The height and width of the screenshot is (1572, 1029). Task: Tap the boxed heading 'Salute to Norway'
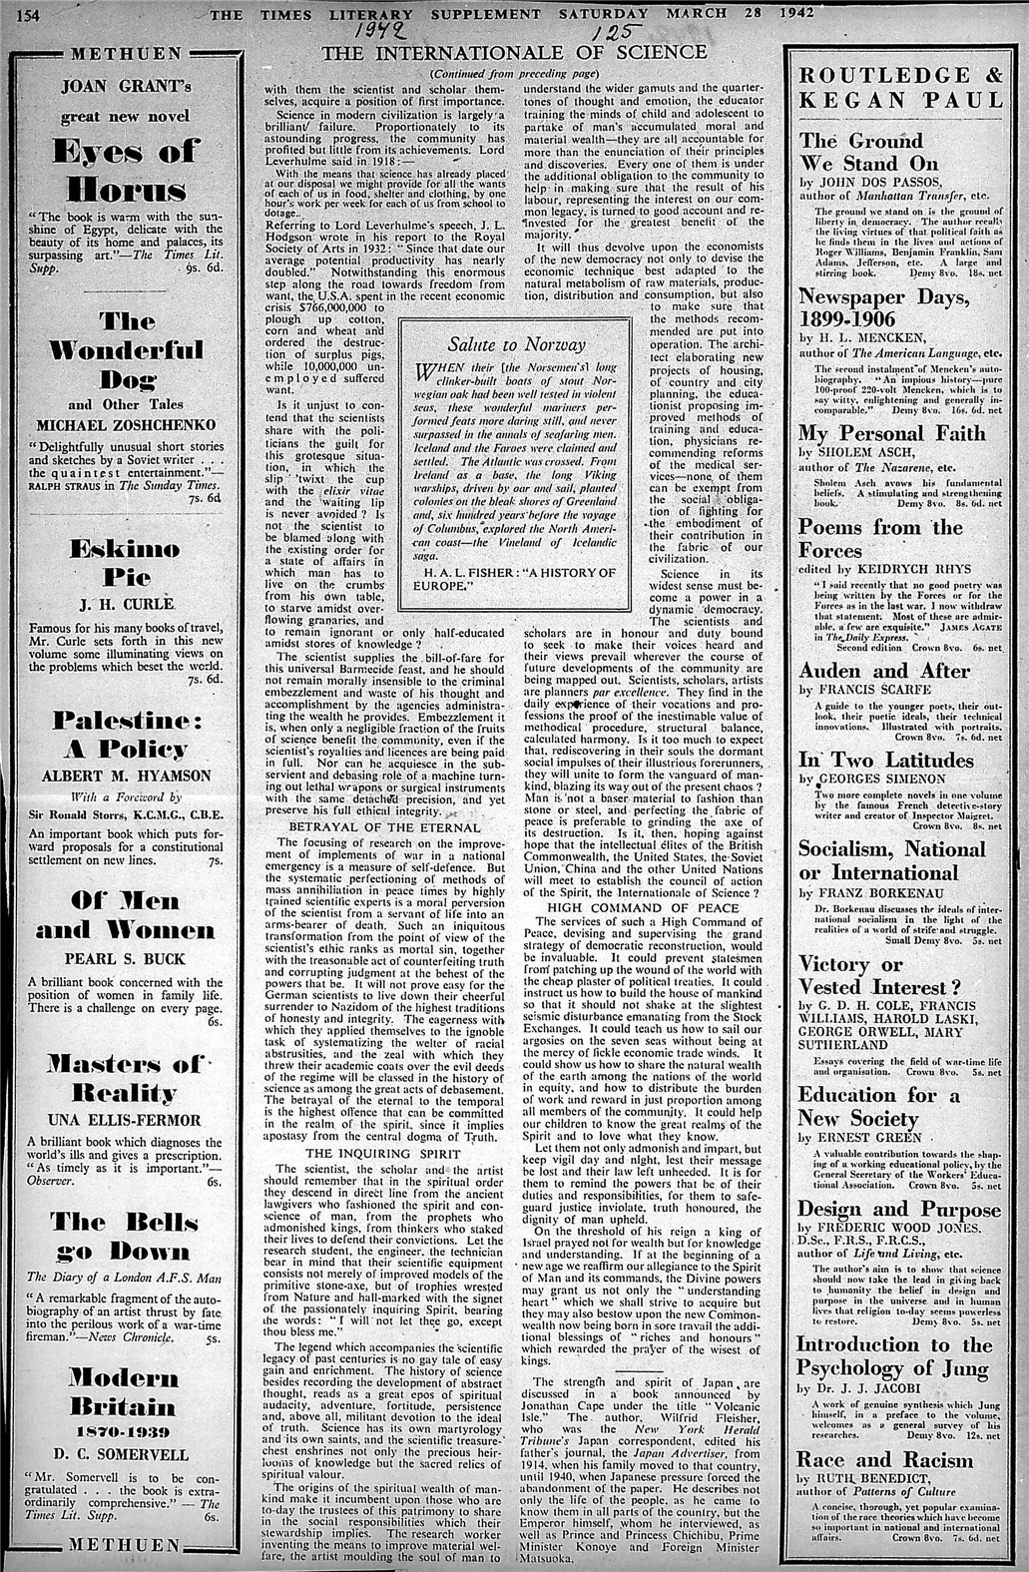tap(516, 344)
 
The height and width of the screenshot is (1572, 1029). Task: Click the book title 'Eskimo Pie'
tap(126, 563)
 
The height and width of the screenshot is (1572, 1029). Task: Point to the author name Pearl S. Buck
tap(126, 958)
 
